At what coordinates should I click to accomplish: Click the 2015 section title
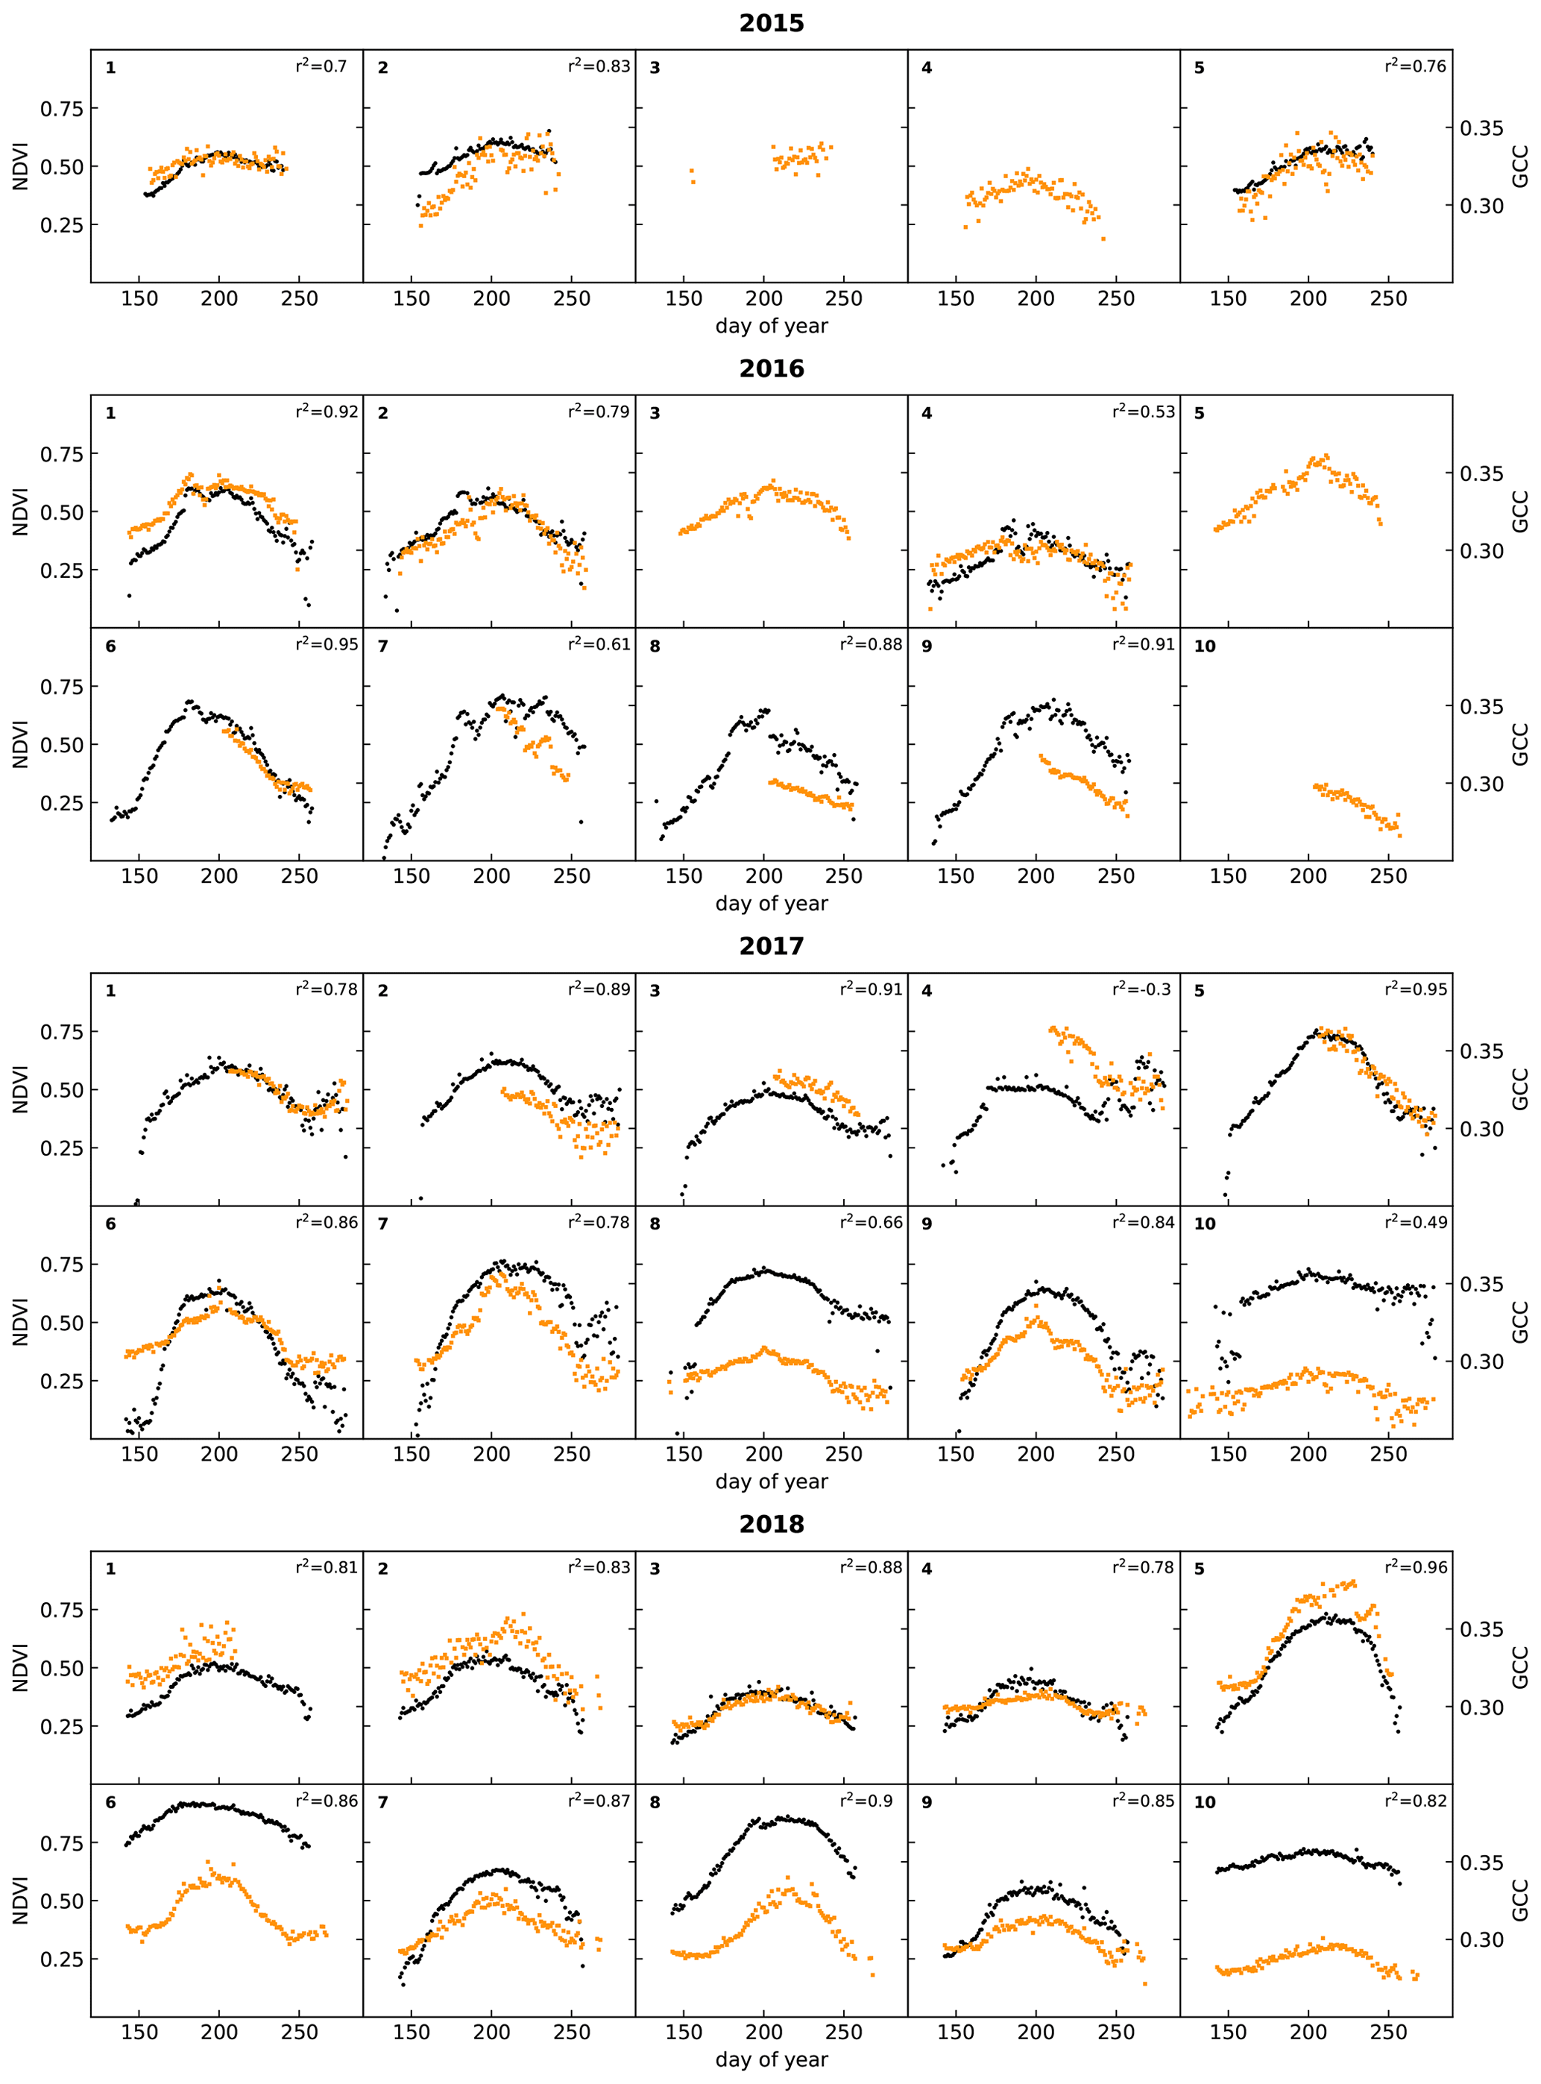tap(771, 23)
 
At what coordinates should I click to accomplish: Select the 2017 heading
tap(771, 946)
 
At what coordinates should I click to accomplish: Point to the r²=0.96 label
tap(1415, 1567)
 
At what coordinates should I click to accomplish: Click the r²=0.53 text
tap(1143, 412)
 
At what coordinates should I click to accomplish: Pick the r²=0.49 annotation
tap(1415, 1222)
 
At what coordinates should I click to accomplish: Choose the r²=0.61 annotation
tap(599, 645)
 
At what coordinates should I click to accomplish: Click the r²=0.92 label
tap(327, 412)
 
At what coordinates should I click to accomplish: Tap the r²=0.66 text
tap(870, 1222)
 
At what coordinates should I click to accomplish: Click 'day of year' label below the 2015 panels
tap(771, 327)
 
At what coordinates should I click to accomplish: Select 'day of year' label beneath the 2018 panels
tap(771, 2059)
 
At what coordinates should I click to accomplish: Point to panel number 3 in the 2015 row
tap(655, 68)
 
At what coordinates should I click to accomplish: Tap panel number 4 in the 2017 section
tap(926, 991)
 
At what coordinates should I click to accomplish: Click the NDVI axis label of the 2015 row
tap(21, 166)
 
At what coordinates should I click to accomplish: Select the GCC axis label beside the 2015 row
tap(1519, 166)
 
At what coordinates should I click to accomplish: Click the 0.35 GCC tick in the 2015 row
tap(1481, 128)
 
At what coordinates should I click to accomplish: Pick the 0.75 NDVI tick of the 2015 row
tap(62, 109)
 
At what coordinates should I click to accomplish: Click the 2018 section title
tap(771, 1524)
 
